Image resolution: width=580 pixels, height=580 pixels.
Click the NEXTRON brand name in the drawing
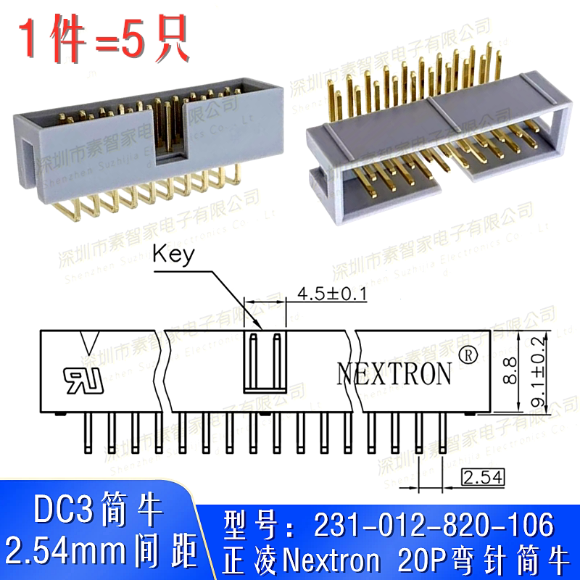click(394, 373)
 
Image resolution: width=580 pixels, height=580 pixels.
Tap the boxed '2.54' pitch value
click(482, 476)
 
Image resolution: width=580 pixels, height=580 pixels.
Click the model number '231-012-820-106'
click(432, 523)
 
